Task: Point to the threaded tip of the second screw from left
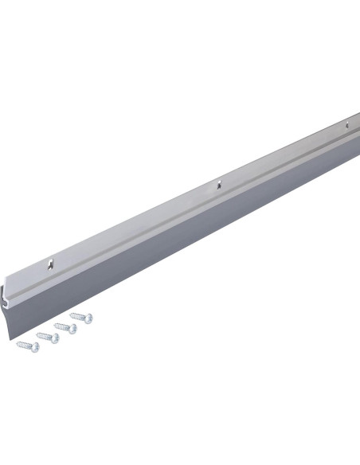[x=36, y=334]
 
